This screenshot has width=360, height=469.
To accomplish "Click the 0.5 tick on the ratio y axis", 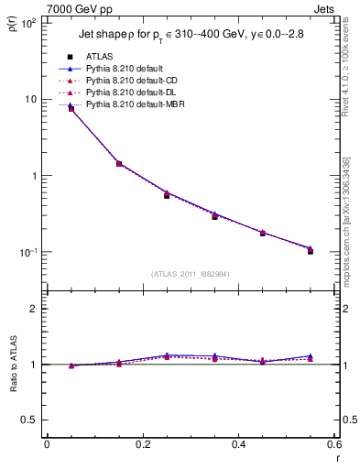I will point(34,420).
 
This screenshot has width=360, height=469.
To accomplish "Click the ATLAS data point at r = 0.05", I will point(71,109).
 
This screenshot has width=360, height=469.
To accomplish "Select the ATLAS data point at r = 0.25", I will point(167,195).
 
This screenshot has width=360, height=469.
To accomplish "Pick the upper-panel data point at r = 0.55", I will point(311,250).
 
